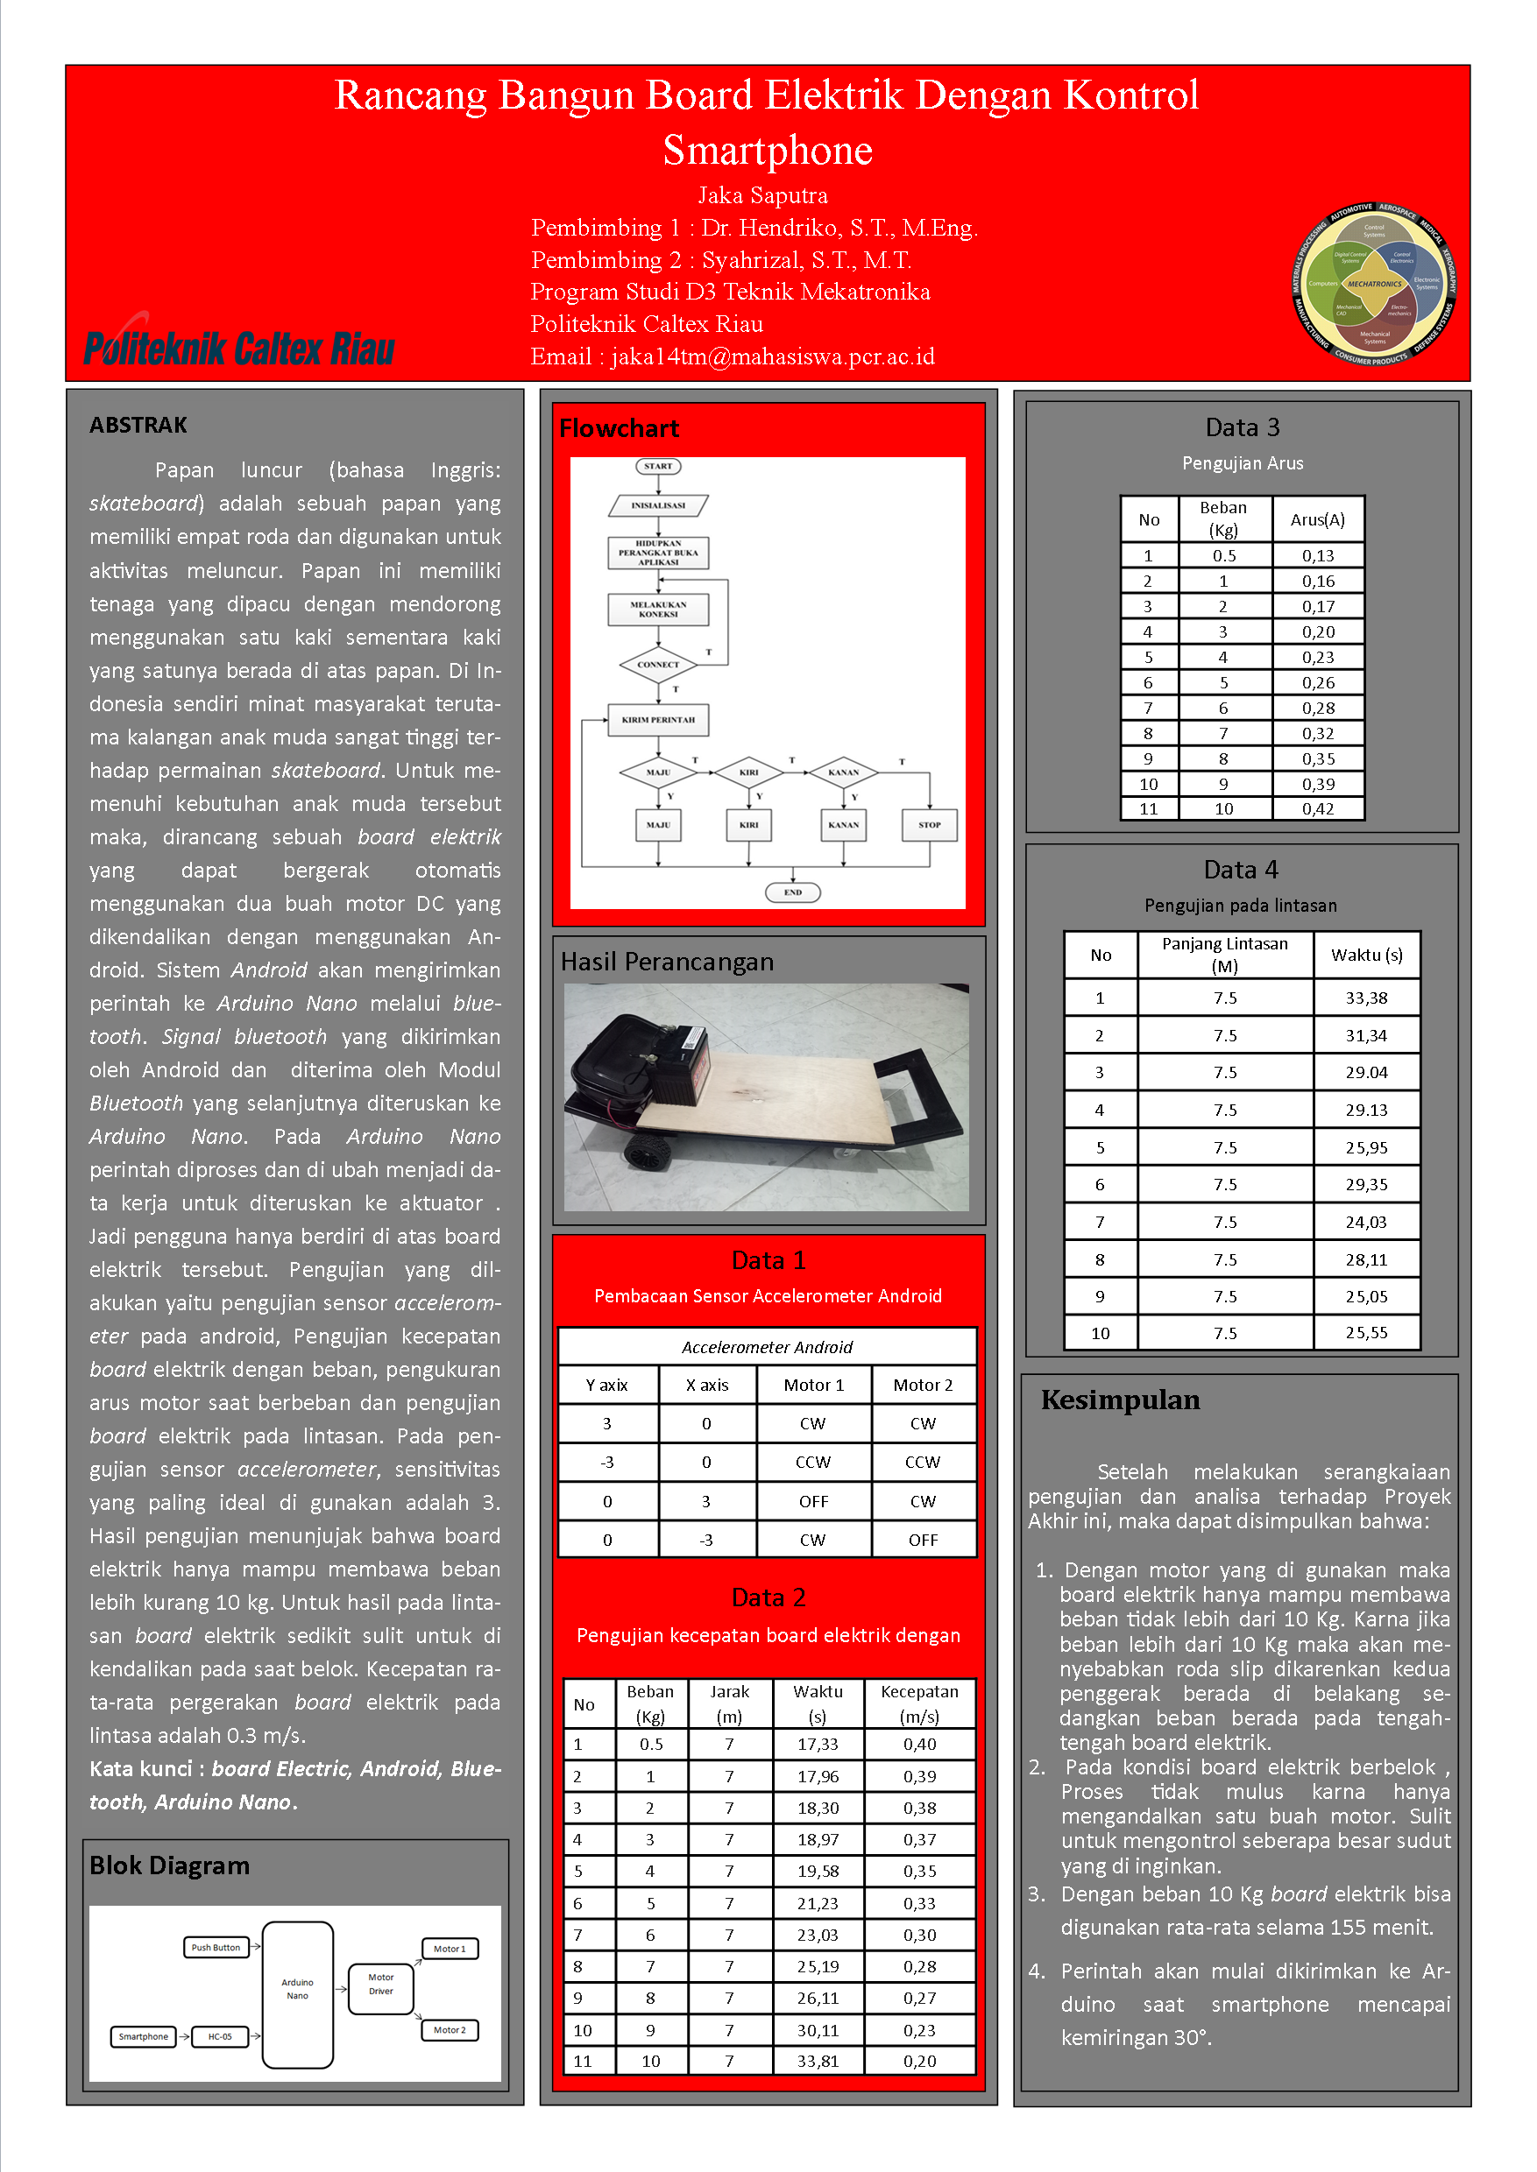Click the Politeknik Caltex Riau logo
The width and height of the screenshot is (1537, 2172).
[x=238, y=346]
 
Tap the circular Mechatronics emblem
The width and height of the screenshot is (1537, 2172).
[x=1374, y=284]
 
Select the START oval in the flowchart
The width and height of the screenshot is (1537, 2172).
[x=658, y=467]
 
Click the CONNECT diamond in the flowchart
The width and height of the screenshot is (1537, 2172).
[x=658, y=665]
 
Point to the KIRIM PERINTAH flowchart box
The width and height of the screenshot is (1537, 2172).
[x=658, y=720]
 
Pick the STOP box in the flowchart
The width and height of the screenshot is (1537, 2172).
[x=930, y=825]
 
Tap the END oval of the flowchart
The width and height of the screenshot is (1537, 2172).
[x=792, y=892]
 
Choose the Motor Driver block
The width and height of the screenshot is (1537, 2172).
[x=380, y=1984]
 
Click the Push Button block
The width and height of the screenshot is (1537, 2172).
[x=216, y=1948]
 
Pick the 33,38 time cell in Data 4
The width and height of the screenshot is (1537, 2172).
[x=1367, y=998]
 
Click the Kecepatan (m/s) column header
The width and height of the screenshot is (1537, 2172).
[x=919, y=1703]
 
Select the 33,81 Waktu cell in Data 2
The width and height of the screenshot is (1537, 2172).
[x=818, y=2062]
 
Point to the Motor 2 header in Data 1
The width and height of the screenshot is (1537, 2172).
[x=923, y=1385]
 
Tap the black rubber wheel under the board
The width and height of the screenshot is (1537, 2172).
[x=648, y=1153]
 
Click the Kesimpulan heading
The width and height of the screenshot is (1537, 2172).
[x=1120, y=1400]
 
